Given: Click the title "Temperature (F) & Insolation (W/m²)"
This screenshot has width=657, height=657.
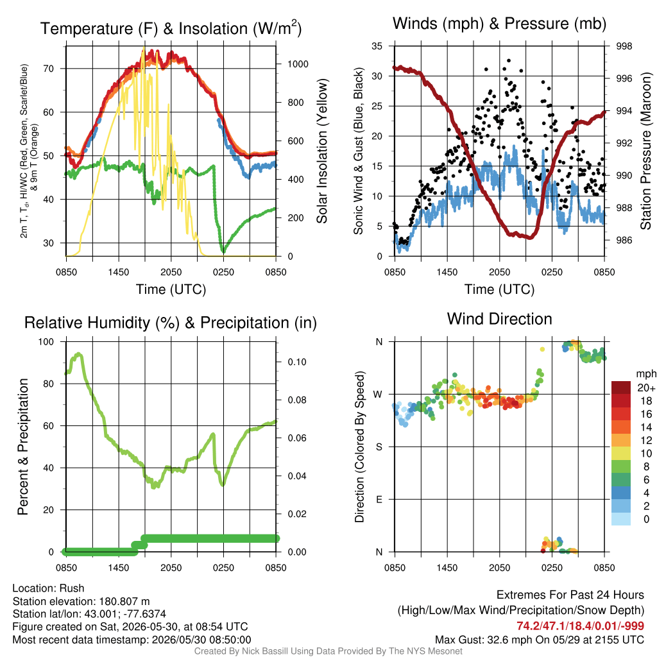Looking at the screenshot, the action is (171, 28).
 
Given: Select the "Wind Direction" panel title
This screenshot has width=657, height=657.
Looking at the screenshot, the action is (499, 319).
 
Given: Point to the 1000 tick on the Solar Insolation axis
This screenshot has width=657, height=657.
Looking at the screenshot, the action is (298, 64).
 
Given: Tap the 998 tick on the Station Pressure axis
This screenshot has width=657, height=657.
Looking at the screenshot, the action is (624, 46).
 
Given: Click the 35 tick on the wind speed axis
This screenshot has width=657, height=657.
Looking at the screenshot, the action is (377, 46).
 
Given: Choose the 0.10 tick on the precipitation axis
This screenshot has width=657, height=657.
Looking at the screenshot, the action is (297, 362).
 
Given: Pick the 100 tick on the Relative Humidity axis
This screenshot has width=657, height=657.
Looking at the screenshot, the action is (46, 341).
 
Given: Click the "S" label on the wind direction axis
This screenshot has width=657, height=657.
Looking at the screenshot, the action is (379, 447).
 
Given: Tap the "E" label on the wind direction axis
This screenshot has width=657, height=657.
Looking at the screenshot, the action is (379, 499).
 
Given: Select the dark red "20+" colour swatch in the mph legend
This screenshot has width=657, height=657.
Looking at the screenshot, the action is (621, 388).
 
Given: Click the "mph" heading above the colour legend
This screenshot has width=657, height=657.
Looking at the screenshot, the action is (646, 374).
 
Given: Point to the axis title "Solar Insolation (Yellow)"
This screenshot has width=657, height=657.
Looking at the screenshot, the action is (322, 151).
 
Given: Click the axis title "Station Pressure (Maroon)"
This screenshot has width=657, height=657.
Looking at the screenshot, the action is (645, 151).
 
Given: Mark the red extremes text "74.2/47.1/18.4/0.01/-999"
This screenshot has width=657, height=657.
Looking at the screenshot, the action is (580, 626).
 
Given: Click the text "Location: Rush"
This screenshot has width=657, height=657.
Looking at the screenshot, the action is (49, 588).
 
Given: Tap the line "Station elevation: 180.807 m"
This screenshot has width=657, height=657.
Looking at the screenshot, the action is (81, 601).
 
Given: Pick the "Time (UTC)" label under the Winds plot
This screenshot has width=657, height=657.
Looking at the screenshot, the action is (499, 289).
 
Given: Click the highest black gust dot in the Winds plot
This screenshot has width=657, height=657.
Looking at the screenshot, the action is (509, 61).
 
